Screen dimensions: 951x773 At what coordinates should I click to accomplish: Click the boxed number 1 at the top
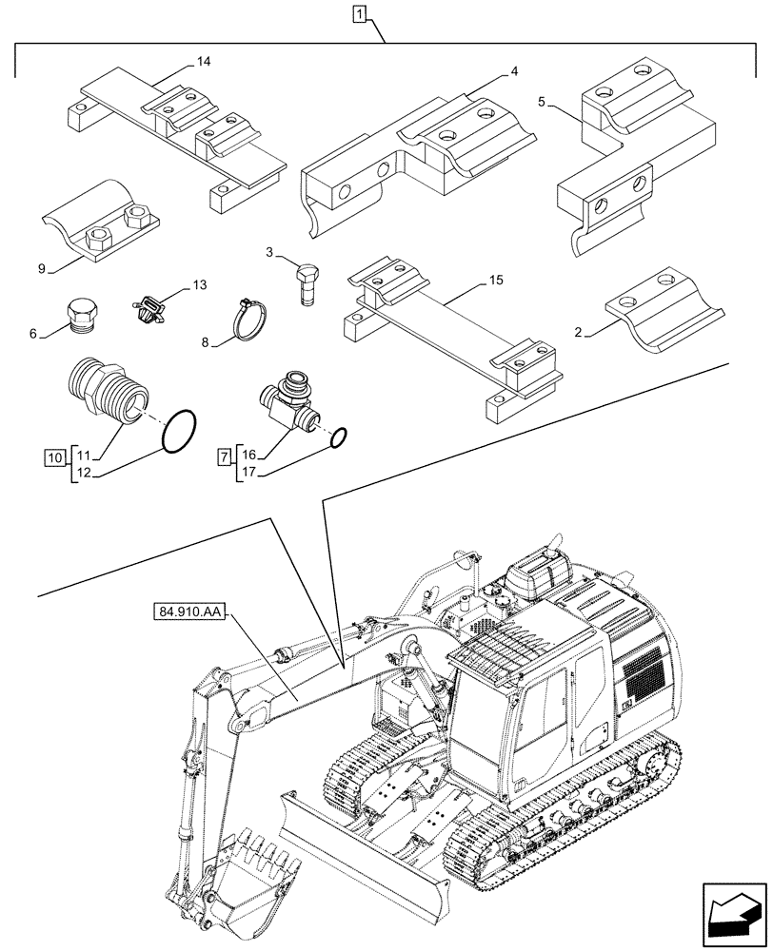click(357, 13)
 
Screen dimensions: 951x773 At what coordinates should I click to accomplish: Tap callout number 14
click(203, 62)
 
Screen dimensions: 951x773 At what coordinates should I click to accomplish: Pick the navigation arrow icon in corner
click(732, 911)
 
